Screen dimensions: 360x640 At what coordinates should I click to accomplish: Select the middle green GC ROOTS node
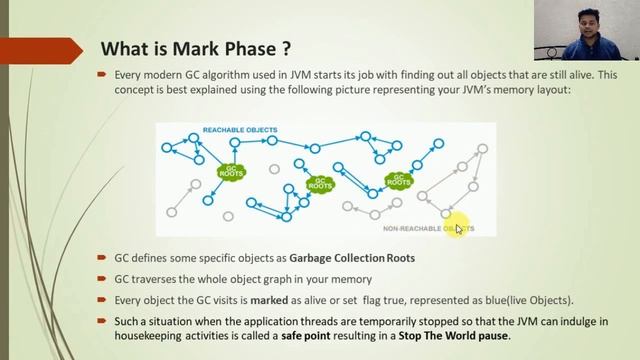click(x=319, y=184)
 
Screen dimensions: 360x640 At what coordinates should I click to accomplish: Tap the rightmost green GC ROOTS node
click(x=399, y=180)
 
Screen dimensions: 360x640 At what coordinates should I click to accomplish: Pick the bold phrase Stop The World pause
click(x=457, y=336)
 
